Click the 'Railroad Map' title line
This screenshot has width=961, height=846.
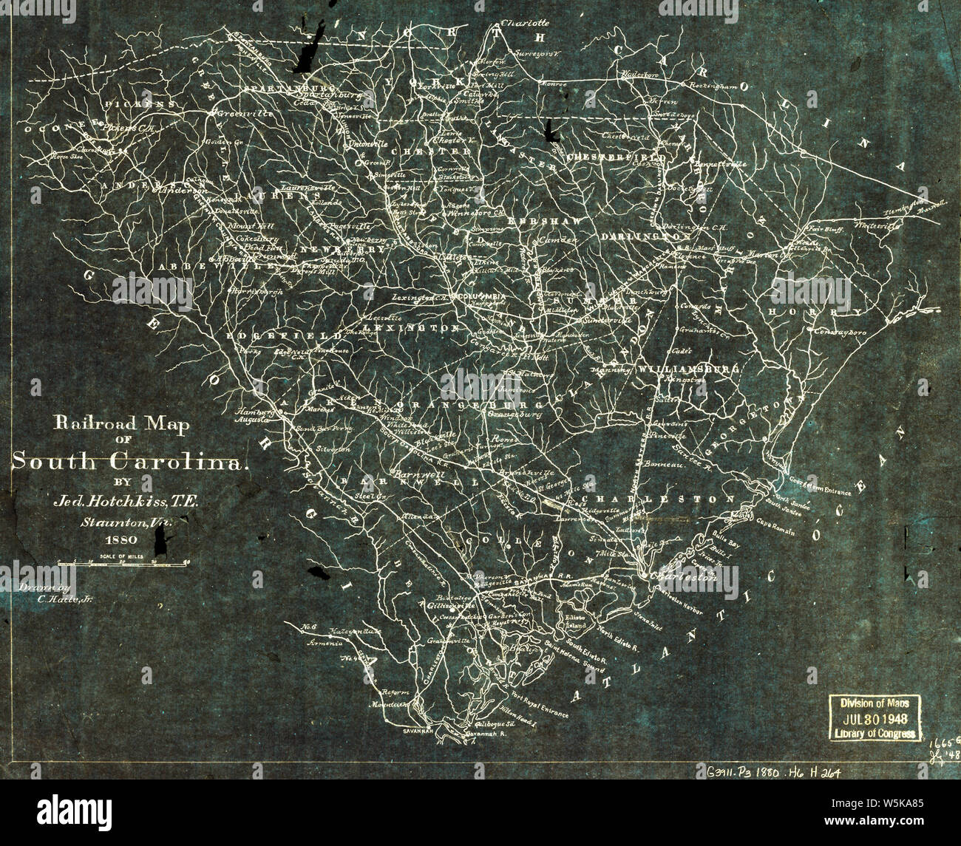[x=120, y=425]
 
